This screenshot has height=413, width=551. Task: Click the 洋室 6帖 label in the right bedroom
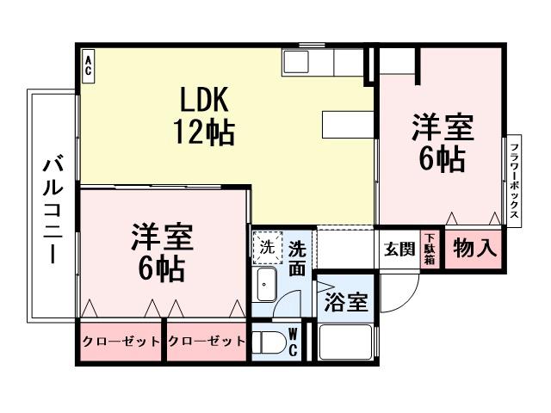[x=442, y=143]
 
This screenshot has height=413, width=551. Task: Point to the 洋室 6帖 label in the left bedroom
[x=162, y=253]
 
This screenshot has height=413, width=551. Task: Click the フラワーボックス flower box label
[x=513, y=181]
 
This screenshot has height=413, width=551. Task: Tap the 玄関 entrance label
[x=399, y=250]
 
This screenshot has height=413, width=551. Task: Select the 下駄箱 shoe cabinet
[x=429, y=250]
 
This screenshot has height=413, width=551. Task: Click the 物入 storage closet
[x=474, y=250]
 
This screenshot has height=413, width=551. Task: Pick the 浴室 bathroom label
[x=346, y=302]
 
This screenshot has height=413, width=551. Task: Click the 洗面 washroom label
[x=297, y=257]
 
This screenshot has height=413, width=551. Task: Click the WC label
[x=293, y=342]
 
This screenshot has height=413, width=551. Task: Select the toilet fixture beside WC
[x=268, y=342]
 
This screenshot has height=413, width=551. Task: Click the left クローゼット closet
[x=121, y=342]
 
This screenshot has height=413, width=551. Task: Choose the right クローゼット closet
[x=206, y=342]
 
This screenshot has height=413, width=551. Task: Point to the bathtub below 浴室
[x=345, y=342]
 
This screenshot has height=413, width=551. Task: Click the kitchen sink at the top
[x=296, y=62]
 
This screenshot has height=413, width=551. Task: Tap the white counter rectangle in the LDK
[x=348, y=125]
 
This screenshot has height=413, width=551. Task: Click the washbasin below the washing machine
[x=266, y=282]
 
